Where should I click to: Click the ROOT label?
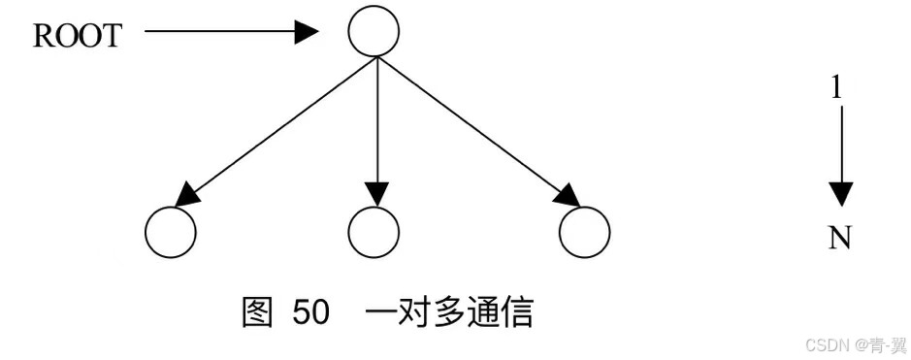(78, 36)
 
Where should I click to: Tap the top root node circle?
(374, 32)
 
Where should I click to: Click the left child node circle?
(171, 232)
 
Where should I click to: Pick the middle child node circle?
(374, 232)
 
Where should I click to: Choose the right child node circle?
(585, 232)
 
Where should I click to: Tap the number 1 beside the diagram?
(836, 87)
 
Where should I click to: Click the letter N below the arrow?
(840, 238)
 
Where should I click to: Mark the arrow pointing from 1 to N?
(841, 155)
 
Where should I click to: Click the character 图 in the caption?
(258, 313)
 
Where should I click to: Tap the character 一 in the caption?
(382, 313)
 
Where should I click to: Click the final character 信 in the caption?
(518, 313)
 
